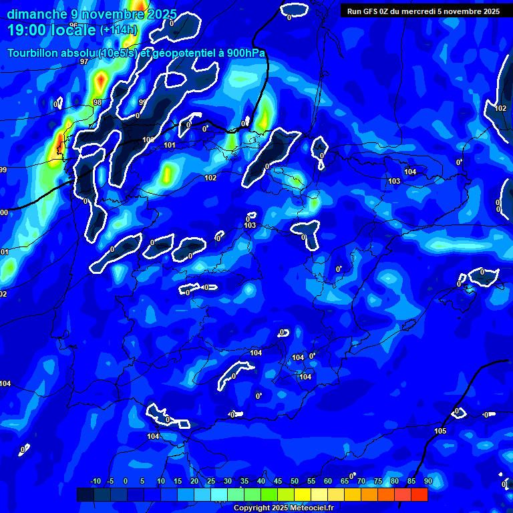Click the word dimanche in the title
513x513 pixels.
pos(37,14)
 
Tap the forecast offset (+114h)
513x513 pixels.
pos(118,29)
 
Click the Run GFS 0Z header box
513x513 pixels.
pos(423,11)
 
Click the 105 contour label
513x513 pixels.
pos(440,431)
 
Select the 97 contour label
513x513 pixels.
pos(84,61)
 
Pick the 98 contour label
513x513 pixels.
pos(98,102)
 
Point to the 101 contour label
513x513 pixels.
pos(170,145)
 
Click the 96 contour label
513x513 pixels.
pos(73,25)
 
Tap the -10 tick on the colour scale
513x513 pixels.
pos(95,481)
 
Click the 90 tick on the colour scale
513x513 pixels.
pos(427,481)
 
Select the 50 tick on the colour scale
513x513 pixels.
pos(294,481)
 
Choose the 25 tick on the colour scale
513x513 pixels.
pos(210,481)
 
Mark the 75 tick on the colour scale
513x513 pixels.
pos(377,481)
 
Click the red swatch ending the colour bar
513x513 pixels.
pos(419,494)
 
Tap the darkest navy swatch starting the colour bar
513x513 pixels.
pos(85,494)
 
